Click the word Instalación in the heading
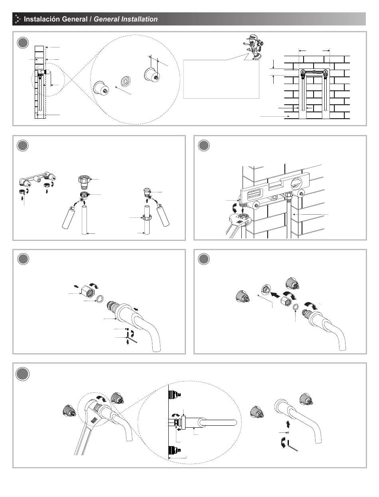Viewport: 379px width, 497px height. tap(42, 19)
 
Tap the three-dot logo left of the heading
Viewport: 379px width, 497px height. tap(18, 19)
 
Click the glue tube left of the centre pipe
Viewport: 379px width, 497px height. tap(69, 219)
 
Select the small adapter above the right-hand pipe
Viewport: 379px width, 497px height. tap(147, 193)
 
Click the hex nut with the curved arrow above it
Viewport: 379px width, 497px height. tap(86, 293)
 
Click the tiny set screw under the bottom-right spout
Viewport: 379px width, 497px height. tap(288, 432)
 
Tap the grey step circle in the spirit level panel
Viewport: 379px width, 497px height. tap(204, 146)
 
